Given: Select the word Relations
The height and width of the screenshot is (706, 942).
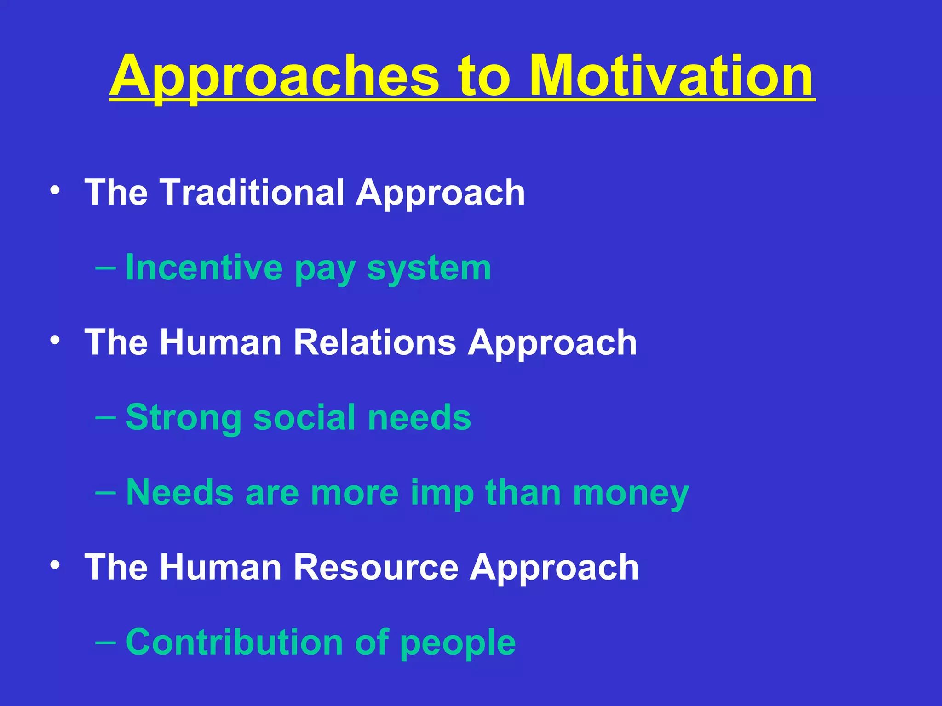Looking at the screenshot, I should tap(375, 342).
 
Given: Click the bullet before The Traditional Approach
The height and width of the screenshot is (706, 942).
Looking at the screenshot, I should tap(55, 190).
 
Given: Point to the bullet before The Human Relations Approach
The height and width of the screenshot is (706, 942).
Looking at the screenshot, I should tap(55, 341).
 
